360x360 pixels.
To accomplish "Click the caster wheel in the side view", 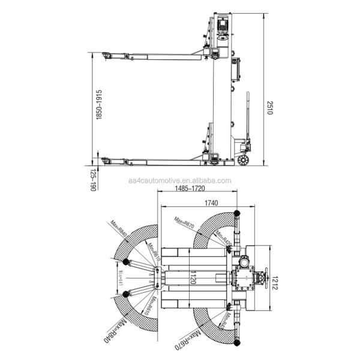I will (x=242, y=160).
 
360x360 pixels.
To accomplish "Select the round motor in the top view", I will (x=244, y=262).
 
